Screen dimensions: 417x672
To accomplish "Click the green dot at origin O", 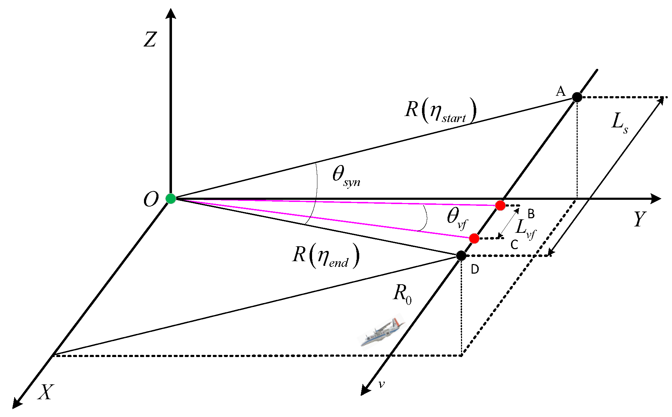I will coord(171,198).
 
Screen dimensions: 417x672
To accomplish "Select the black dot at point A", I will coord(577,97).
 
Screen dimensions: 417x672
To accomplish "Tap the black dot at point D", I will coord(461,255).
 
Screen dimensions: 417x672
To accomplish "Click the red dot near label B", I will coord(500,205).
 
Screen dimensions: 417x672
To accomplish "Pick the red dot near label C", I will coord(474,238).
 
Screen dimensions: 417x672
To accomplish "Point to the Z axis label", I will coord(150,39).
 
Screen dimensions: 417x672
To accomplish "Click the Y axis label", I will coord(639,219).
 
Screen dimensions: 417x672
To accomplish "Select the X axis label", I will coord(46,393).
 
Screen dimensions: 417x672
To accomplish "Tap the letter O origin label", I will coord(151,199).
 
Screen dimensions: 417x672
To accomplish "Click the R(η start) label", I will coord(440,110).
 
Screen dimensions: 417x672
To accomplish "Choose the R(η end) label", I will coord(326,256).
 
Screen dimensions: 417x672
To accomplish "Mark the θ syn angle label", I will coord(346,176).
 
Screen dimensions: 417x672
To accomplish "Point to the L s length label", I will coord(620,122).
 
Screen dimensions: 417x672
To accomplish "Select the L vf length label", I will coord(525,229).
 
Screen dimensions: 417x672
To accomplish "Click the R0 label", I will coord(402,295).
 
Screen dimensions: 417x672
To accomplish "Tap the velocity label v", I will coord(381,384).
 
